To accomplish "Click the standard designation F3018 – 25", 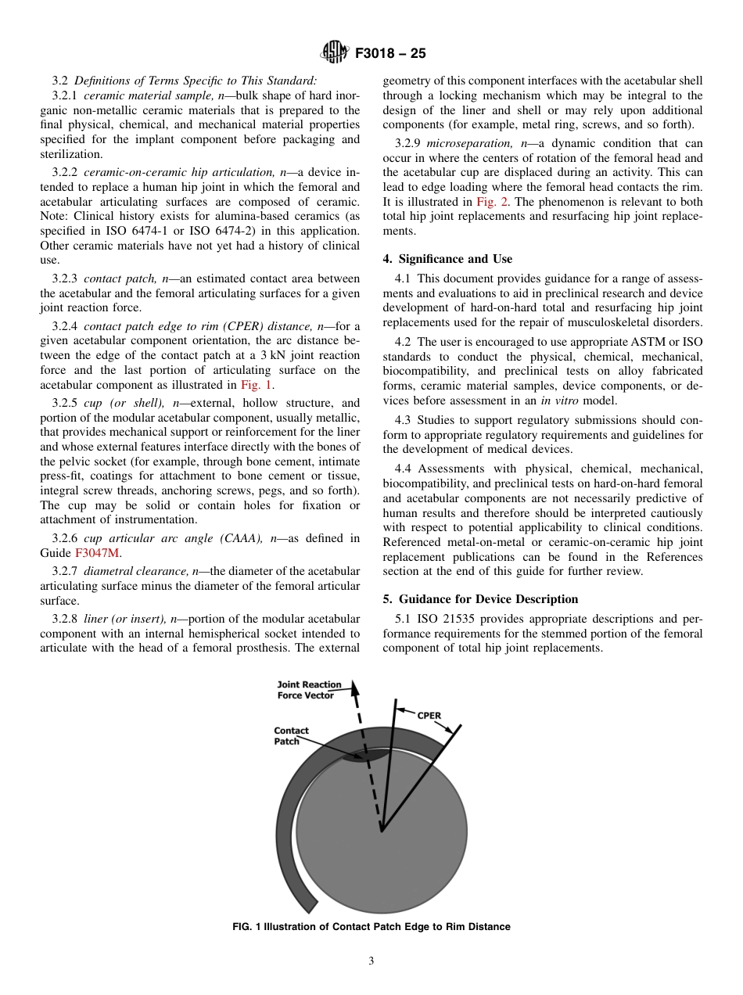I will [x=390, y=54].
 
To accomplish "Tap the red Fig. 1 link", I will [x=257, y=385].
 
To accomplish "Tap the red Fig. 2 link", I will [x=491, y=202].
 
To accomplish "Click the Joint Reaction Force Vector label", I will [x=309, y=690].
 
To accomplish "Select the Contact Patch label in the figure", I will [x=290, y=736].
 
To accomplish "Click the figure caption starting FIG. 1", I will [x=371, y=927].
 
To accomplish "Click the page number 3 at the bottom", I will [x=371, y=961].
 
